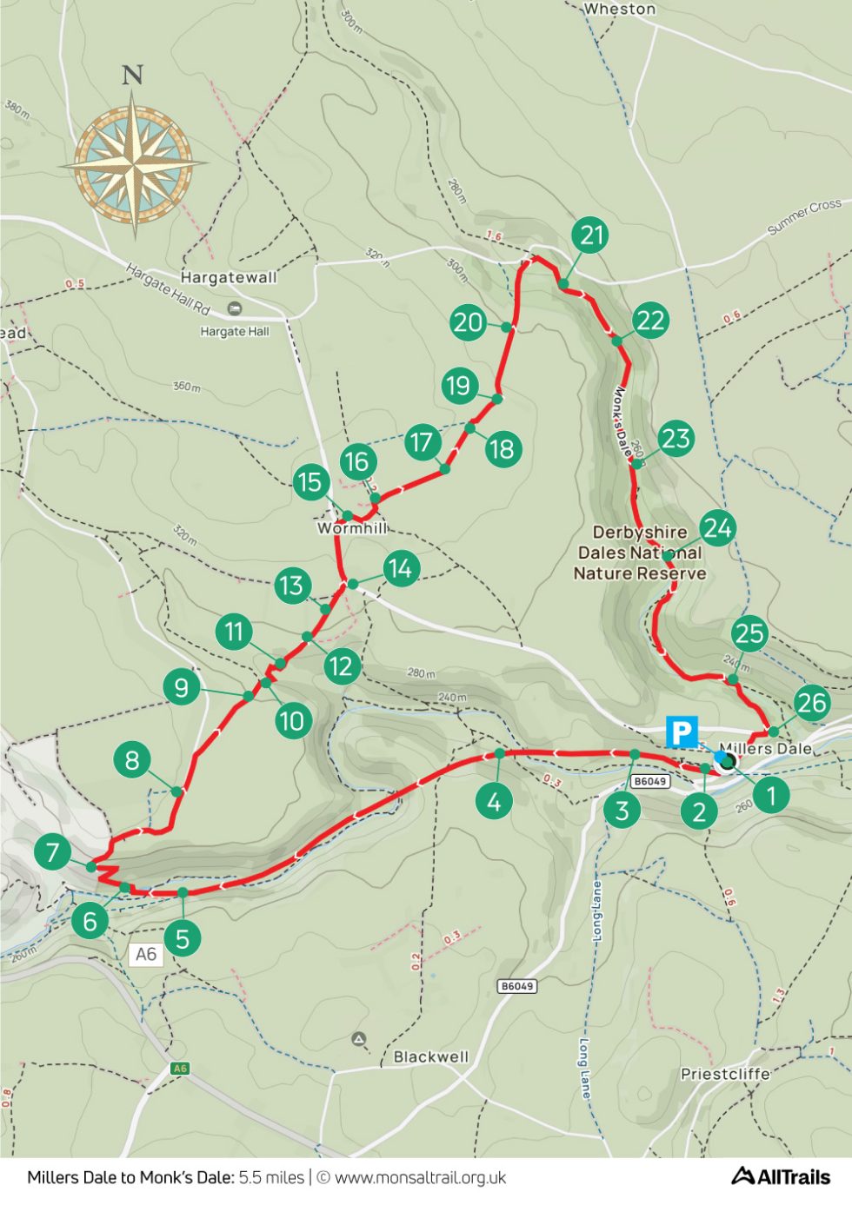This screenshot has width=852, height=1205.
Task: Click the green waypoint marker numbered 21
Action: tap(591, 235)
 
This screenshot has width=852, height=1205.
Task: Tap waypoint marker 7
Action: tap(53, 852)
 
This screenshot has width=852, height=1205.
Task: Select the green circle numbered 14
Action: tap(400, 569)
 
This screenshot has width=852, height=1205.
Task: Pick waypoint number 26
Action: tap(811, 702)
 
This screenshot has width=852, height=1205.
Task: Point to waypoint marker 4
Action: tap(494, 802)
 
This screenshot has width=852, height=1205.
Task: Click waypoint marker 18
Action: tap(503, 449)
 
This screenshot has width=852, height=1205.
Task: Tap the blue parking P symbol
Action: tap(682, 732)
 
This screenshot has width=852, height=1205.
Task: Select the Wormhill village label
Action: tap(351, 528)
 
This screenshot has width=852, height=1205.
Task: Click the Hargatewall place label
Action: tap(229, 278)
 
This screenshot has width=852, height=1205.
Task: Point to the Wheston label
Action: tap(620, 9)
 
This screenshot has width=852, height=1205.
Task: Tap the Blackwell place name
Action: tap(430, 1057)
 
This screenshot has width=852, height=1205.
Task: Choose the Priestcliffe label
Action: tap(725, 1074)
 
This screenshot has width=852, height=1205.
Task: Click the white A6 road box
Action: tap(146, 954)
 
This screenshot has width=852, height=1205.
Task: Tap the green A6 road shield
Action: tap(179, 1069)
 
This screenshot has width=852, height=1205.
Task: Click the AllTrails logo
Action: tap(781, 1176)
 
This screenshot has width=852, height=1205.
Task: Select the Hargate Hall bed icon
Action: tap(234, 308)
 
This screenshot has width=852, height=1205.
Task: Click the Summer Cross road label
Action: tap(804, 217)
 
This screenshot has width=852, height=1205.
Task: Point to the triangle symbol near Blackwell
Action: tap(359, 1039)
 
